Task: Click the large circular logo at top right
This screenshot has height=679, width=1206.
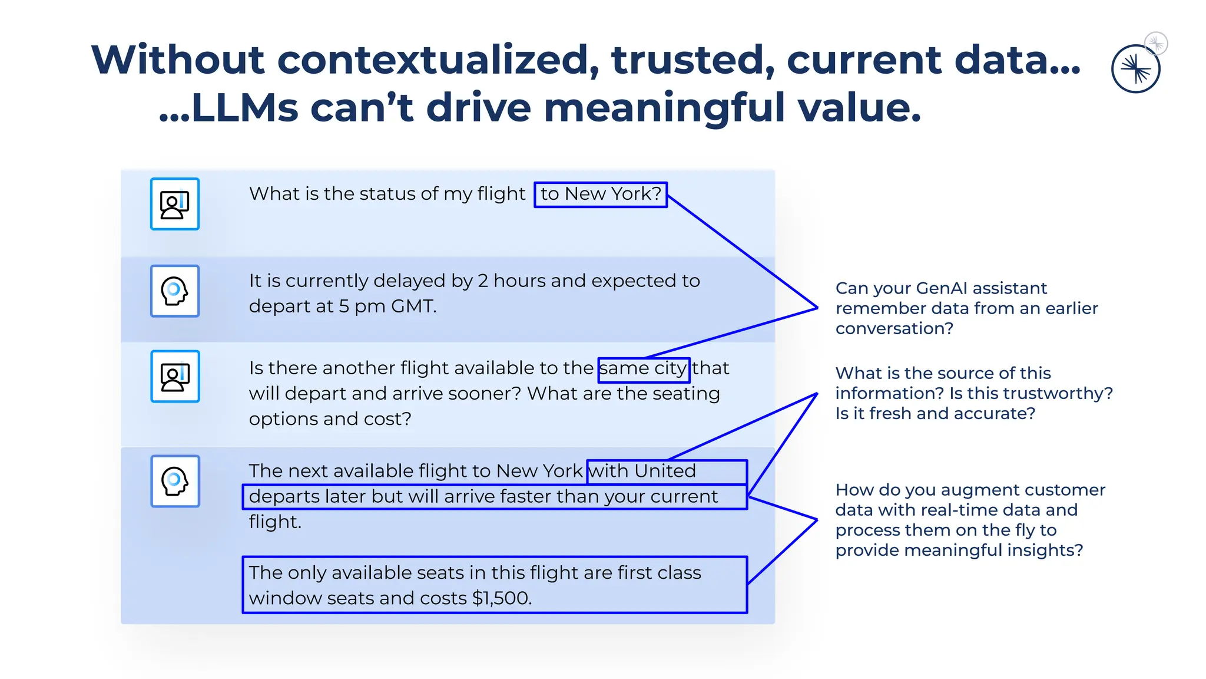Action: tap(1135, 69)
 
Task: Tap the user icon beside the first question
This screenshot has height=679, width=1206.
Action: tap(175, 204)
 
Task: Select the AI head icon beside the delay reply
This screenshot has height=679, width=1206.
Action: tap(175, 291)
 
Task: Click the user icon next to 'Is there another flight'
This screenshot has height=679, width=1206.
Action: tap(175, 377)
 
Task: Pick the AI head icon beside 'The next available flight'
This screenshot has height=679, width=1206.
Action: tap(175, 481)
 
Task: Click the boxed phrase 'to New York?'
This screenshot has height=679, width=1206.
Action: tap(601, 194)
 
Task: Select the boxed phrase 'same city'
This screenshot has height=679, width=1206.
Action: tap(643, 369)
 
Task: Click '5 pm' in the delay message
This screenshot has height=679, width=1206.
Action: tap(359, 306)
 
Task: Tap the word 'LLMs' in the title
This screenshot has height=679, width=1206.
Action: tap(245, 108)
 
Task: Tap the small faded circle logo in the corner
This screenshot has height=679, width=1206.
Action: tap(1156, 43)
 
